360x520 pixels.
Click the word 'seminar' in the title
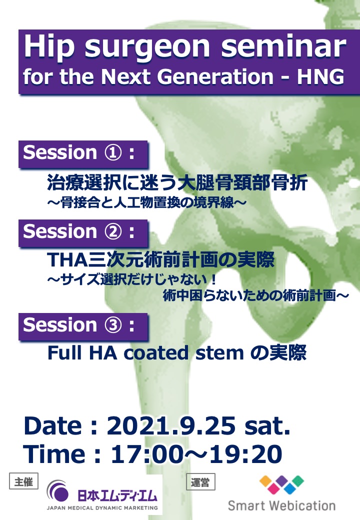284,46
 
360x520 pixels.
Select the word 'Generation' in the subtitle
215,76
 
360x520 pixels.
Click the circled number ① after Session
113,153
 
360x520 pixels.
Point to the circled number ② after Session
113,231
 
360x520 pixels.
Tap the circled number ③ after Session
113,325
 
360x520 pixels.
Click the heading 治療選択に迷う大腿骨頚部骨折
177,182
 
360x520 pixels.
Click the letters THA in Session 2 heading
67,259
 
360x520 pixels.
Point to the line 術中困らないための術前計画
249,295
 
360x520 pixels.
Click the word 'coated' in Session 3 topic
156,353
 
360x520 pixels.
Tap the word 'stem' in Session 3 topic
219,353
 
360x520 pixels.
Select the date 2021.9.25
171,425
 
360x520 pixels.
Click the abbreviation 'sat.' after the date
267,426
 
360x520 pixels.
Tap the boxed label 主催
23,481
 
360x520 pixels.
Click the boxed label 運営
200,482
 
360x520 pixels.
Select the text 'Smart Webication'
281,505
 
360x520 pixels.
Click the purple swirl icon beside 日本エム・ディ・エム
57,491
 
